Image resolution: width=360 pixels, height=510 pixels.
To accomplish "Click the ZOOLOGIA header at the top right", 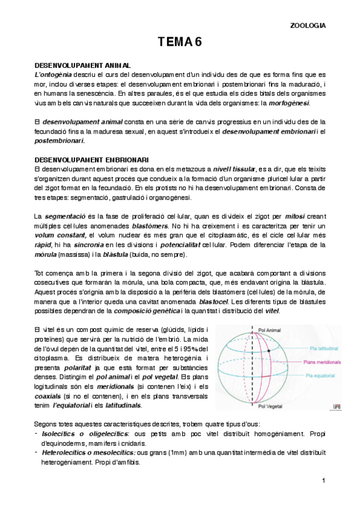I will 308,25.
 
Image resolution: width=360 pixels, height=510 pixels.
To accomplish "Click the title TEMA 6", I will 180,41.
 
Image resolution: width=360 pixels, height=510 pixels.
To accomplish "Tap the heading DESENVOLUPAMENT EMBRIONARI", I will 91,159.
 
